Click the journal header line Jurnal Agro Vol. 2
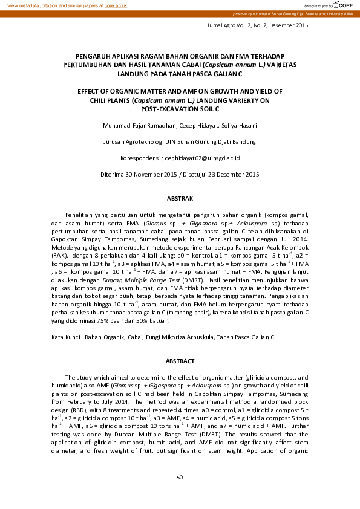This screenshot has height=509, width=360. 258,25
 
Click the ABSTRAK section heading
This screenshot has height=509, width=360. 180,198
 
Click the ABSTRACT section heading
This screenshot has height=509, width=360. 180,361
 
